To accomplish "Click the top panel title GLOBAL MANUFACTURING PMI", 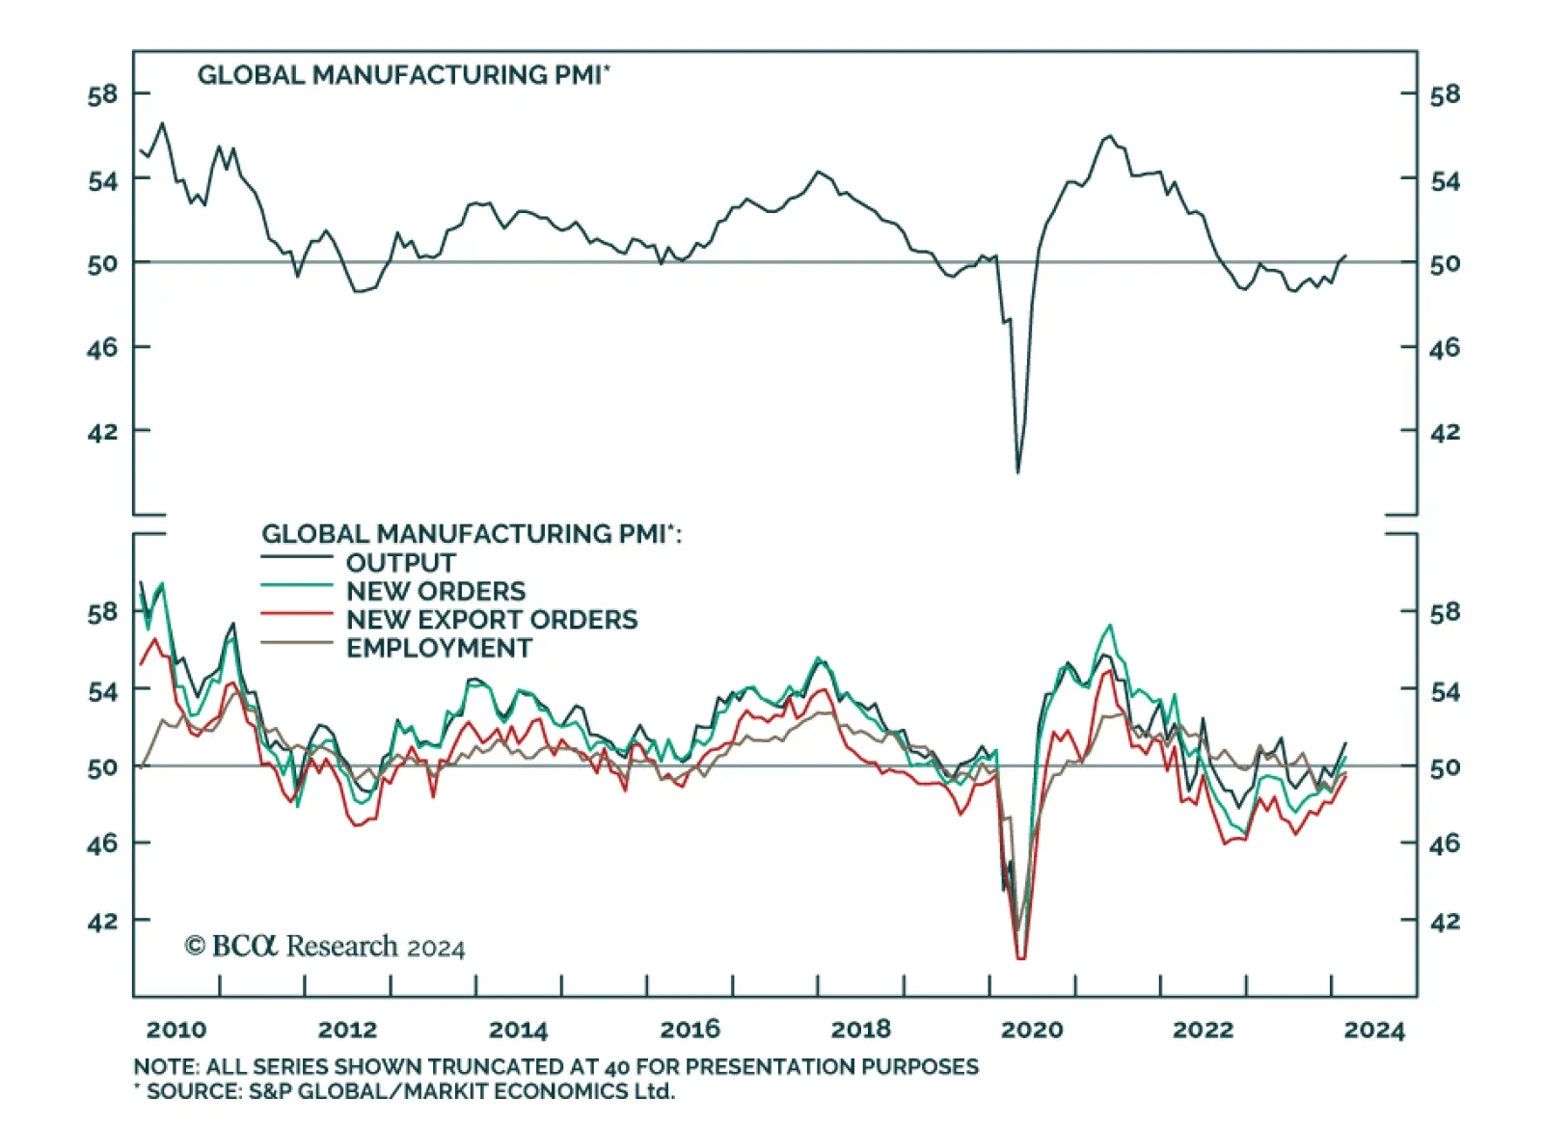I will pyautogui.click(x=403, y=75).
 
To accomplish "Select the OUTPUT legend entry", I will pyautogui.click(x=400, y=563).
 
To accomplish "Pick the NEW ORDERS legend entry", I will pyautogui.click(x=436, y=591).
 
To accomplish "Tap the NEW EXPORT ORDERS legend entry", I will pyautogui.click(x=492, y=619).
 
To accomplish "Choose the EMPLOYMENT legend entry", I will pyautogui.click(x=439, y=648).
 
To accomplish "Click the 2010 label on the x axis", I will pyautogui.click(x=176, y=1030).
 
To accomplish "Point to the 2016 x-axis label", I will pyautogui.click(x=690, y=1030).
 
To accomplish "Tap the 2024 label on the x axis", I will pyautogui.click(x=1374, y=1030).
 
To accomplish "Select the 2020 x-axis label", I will pyautogui.click(x=1032, y=1030).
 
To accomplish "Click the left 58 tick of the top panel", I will pyautogui.click(x=102, y=94).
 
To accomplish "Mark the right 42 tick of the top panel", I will pyautogui.click(x=1445, y=432).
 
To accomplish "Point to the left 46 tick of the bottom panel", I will pyautogui.click(x=102, y=844).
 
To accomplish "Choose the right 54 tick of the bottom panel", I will pyautogui.click(x=1445, y=691).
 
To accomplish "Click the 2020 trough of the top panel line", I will pyautogui.click(x=1017, y=471).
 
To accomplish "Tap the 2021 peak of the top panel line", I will pyautogui.click(x=1110, y=136).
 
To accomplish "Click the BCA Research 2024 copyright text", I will pyautogui.click(x=325, y=947).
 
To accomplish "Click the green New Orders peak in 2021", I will pyautogui.click(x=1111, y=626).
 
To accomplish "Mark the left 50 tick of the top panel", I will pyautogui.click(x=102, y=263).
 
